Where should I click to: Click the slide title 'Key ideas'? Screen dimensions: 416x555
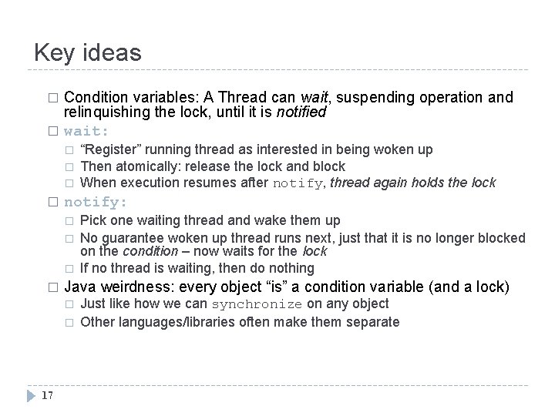point(88,52)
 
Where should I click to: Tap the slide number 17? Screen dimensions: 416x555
point(45,395)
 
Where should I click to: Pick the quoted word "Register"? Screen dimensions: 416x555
point(109,149)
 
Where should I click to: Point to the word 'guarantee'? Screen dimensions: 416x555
point(131,237)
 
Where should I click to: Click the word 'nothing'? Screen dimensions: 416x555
point(290,268)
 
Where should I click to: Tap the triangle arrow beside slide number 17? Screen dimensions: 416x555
point(30,395)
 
